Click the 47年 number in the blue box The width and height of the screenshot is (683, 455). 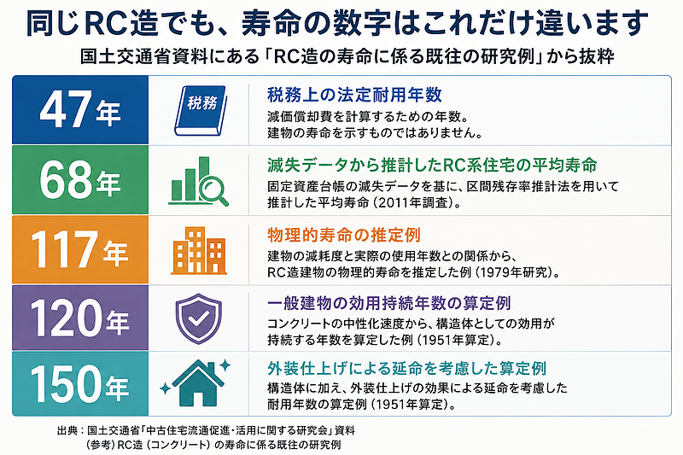coord(80,110)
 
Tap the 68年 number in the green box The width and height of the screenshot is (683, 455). coord(80,180)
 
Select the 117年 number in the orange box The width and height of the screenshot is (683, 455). coord(79,249)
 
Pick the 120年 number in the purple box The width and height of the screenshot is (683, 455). coord(79,318)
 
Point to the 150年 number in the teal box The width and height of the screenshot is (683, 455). coord(79,384)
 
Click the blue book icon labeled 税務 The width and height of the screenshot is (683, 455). coord(201,111)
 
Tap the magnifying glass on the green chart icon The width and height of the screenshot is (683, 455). coord(213,190)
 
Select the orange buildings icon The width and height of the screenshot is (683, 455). coord(199,251)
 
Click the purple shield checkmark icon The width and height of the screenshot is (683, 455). coord(198,318)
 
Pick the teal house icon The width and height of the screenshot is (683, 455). coord(199,383)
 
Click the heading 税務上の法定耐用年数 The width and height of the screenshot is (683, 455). coord(354,95)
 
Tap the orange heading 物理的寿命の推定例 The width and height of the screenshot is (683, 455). coord(344,235)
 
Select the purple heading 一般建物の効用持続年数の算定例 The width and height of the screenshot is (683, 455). coord(389,303)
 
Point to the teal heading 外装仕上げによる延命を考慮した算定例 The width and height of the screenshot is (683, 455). coord(407,369)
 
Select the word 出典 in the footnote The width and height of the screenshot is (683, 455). coord(68,430)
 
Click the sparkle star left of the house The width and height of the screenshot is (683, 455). coord(165,388)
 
